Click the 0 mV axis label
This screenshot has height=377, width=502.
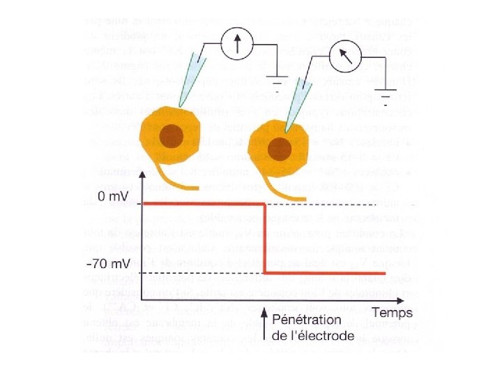click(114, 197)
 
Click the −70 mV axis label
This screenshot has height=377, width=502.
click(113, 265)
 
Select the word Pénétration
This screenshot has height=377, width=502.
click(306, 320)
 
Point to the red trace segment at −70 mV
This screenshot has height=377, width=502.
click(325, 272)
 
